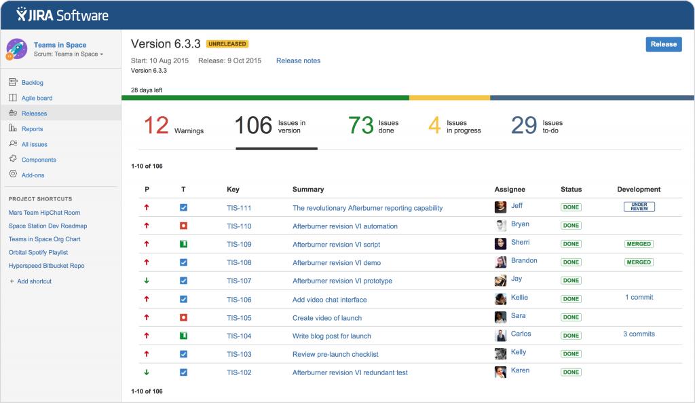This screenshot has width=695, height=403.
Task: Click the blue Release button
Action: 663,44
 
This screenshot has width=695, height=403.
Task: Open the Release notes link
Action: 298,61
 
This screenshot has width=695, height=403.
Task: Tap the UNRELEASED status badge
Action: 227,44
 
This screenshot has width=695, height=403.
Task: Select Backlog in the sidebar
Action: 32,83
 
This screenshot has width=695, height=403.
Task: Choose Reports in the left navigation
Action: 32,129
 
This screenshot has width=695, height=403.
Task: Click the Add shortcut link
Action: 34,281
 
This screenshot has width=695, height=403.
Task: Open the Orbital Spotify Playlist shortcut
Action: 38,252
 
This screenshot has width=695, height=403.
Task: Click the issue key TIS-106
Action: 239,300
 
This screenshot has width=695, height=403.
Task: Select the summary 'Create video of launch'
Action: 326,318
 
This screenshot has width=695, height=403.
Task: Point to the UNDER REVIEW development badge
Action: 639,207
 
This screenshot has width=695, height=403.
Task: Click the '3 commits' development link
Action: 639,334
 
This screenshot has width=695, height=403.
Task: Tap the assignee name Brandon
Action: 524,261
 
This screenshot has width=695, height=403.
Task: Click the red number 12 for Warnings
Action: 156,126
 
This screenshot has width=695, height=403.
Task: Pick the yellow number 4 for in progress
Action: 434,126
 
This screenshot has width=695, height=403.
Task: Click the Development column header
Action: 639,190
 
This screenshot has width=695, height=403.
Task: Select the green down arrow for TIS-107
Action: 147,281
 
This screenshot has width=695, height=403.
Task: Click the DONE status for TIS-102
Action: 571,372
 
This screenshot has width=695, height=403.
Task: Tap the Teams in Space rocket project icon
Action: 16,49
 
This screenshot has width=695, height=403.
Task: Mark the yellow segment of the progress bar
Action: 449,98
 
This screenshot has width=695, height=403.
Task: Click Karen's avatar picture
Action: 501,372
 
